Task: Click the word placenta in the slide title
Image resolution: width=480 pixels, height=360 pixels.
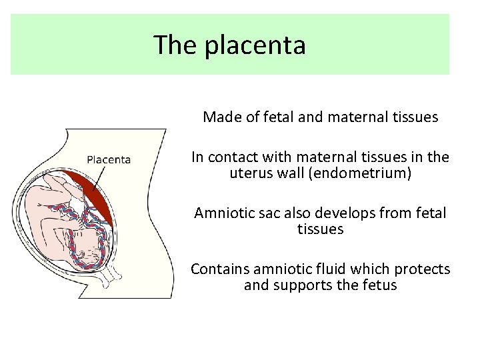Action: (255, 45)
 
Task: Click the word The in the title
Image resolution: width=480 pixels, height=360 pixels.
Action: (176, 45)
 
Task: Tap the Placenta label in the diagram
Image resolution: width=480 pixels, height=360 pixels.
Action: (109, 159)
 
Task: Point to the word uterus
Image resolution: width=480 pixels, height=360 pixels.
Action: (248, 173)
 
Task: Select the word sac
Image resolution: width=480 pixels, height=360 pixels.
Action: (266, 213)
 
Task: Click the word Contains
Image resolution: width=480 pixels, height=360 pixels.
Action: (219, 269)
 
